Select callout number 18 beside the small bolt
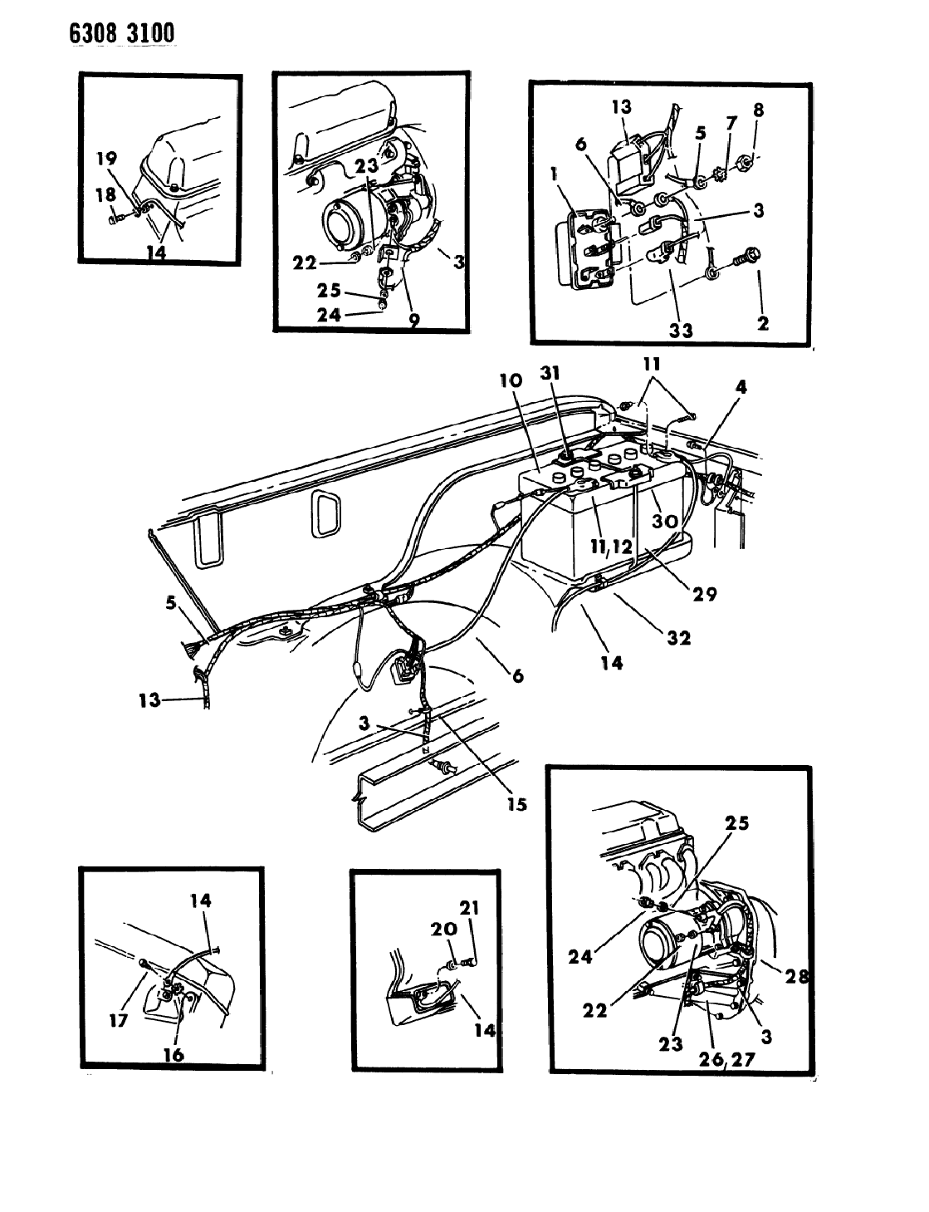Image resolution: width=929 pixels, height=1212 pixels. tap(105, 194)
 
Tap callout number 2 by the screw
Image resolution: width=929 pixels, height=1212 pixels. tap(762, 323)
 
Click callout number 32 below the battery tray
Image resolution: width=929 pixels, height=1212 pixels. tap(679, 640)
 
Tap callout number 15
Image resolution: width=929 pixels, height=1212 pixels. tap(516, 803)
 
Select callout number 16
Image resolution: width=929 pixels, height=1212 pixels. tap(174, 1055)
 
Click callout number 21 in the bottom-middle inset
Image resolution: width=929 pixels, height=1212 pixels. tap(470, 909)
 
